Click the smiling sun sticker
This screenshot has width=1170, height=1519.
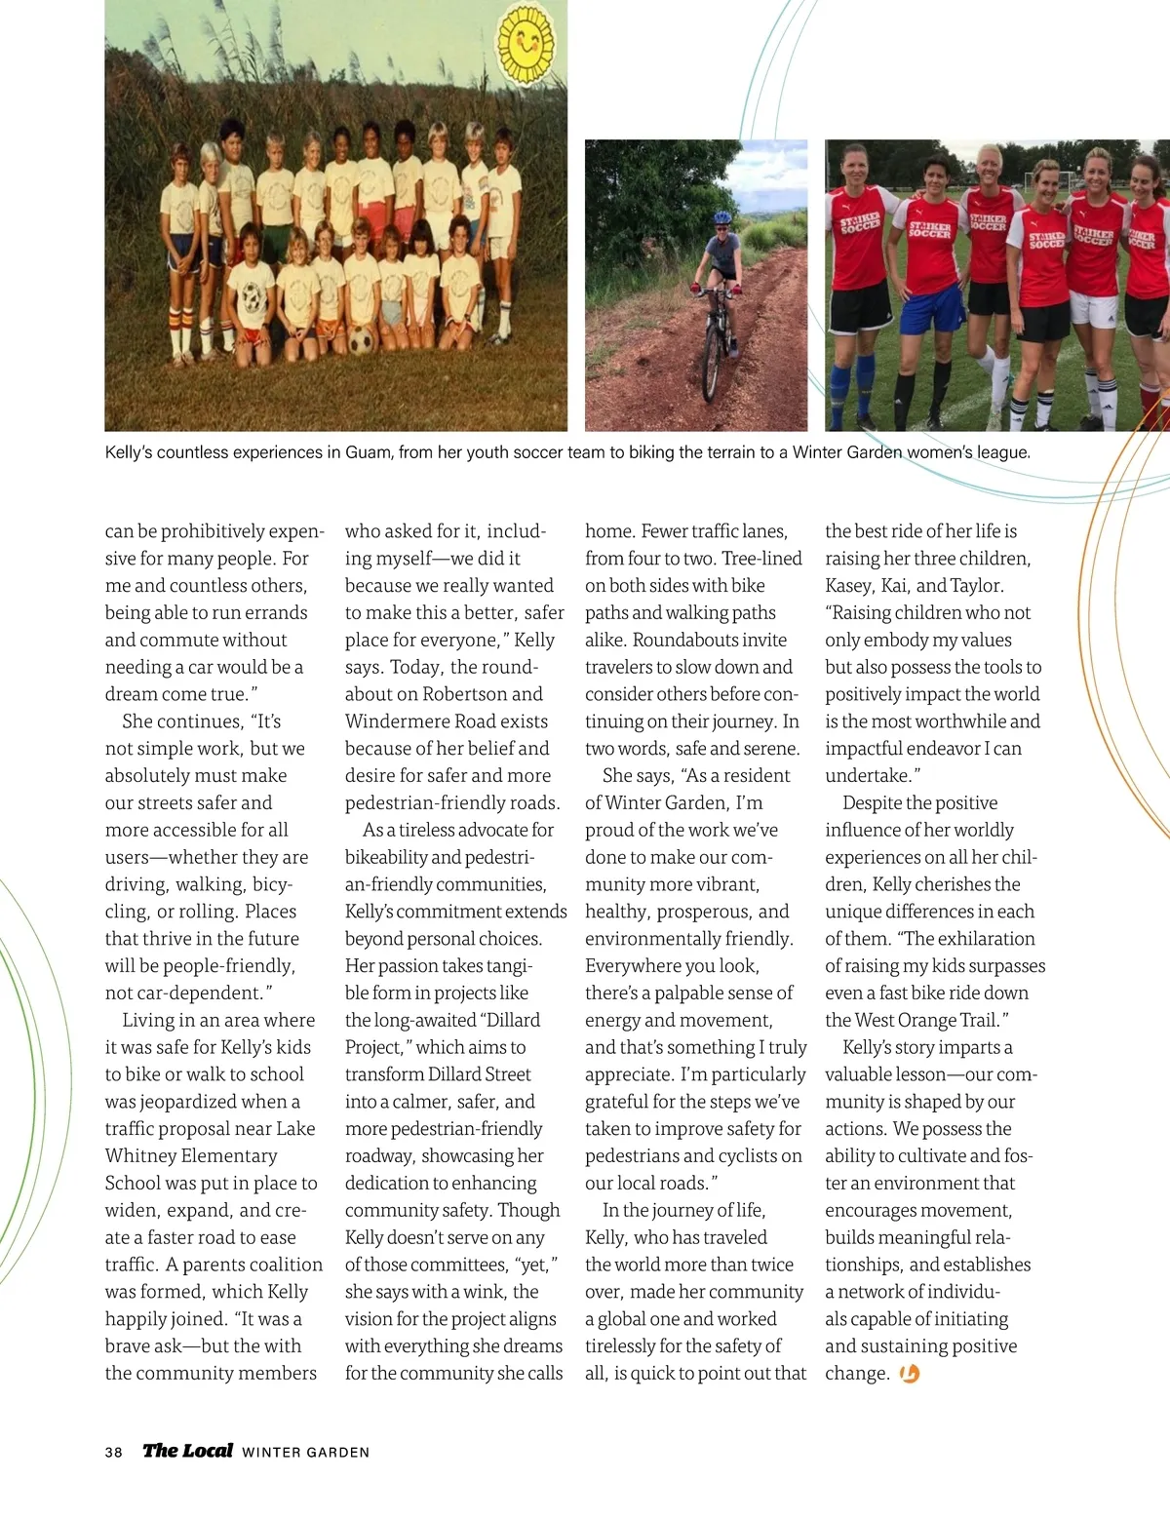526,42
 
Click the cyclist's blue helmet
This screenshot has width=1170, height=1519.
721,219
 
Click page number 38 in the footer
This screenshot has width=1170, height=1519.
114,1452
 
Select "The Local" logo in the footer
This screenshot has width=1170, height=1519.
187,1450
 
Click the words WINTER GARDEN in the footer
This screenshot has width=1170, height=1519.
306,1452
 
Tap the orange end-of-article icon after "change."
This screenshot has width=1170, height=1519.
910,1374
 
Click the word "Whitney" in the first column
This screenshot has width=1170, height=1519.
140,1155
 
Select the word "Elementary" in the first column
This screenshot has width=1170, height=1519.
230,1155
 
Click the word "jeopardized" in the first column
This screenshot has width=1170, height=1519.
201,1101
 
